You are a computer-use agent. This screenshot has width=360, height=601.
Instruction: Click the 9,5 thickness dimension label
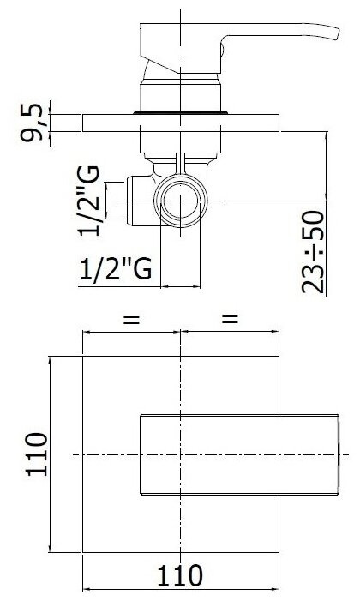tap(33, 123)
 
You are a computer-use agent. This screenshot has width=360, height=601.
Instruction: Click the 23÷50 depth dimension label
tap(313, 252)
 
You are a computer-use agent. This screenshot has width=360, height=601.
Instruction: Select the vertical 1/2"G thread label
tap(89, 201)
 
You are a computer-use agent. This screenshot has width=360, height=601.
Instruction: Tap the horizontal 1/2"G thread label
tap(116, 269)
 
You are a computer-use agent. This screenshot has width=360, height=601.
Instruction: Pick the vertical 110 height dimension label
tap(36, 454)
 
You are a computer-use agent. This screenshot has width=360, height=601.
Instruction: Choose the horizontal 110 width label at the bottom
tap(180, 575)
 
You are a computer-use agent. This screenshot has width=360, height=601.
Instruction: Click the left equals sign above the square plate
tap(131, 319)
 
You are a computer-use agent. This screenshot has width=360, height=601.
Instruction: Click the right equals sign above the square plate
tap(230, 319)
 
